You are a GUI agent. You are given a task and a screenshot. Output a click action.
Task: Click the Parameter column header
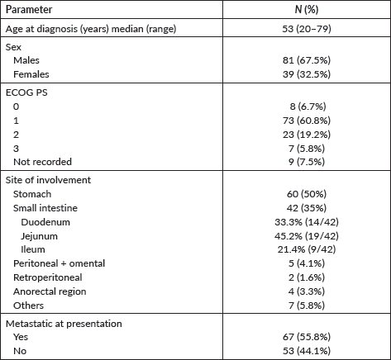pos(29,10)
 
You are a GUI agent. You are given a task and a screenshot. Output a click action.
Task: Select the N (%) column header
pos(307,10)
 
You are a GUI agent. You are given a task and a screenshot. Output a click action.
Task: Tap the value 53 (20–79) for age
pos(307,29)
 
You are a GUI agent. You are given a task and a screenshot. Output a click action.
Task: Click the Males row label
pos(26,60)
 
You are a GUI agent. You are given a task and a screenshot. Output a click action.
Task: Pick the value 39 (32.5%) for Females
pos(307,74)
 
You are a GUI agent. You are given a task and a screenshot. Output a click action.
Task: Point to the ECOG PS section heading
pos(26,92)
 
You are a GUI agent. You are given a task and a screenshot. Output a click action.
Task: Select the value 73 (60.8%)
pos(307,121)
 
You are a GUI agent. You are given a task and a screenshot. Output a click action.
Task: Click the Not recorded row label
pos(42,162)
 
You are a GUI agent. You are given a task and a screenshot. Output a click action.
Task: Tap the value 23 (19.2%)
pos(307,135)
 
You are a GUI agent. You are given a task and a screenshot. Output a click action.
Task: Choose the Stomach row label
pos(32,194)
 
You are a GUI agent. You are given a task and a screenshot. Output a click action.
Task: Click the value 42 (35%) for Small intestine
pos(307,208)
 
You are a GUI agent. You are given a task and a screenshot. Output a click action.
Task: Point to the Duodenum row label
pos(45,222)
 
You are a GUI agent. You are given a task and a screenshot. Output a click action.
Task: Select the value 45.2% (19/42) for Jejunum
pos(307,236)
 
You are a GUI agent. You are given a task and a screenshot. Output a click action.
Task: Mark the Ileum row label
pos(33,249)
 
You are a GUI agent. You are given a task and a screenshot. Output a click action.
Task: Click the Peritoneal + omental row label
pos(59,263)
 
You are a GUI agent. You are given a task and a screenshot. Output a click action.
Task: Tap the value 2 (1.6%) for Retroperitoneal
pos(307,277)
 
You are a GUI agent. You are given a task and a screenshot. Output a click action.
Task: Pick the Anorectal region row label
pos(50,291)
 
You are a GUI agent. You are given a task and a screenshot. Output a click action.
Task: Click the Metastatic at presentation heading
pos(64,324)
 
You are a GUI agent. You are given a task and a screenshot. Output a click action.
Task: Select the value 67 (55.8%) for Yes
pos(307,337)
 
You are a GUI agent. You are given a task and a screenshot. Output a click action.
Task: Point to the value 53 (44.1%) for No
pos(307,351)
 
